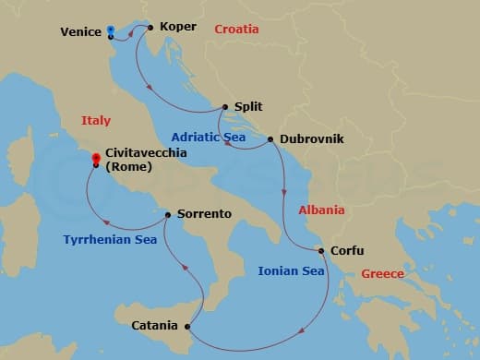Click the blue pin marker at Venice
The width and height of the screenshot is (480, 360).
point(110,30)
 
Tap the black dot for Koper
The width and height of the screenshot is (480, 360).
point(150,27)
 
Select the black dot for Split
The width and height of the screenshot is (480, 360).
point(224,107)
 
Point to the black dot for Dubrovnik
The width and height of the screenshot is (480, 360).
point(270,139)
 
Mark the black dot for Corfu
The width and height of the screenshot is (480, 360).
point(320,251)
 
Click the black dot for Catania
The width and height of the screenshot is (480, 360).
point(187,326)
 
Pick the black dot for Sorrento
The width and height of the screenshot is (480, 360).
point(167,215)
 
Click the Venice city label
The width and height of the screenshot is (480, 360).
point(80,31)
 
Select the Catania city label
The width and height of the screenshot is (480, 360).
point(155,325)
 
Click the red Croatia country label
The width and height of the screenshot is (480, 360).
point(236,30)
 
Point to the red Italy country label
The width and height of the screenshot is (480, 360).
point(96,121)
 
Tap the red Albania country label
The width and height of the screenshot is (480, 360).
point(321,210)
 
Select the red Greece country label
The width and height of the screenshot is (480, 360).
point(382,274)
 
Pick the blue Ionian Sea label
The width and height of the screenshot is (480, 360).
point(291,271)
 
